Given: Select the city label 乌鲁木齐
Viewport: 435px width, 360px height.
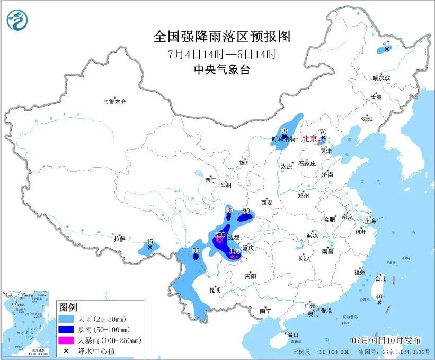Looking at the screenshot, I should pyautogui.click(x=115, y=101).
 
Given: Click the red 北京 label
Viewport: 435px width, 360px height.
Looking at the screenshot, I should pyautogui.click(x=309, y=139).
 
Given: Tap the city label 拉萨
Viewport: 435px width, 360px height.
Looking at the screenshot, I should pyautogui.click(x=119, y=239).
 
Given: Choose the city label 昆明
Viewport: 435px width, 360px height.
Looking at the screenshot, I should pyautogui.click(x=215, y=290).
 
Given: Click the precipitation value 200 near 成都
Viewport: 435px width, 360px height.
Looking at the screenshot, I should pyautogui.click(x=220, y=235).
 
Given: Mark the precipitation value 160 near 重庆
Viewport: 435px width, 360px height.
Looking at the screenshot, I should pyautogui.click(x=235, y=251).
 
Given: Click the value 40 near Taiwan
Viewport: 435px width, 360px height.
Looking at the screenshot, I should pyautogui.click(x=379, y=297).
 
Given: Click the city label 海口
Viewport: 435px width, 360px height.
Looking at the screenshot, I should pyautogui.click(x=292, y=335).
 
